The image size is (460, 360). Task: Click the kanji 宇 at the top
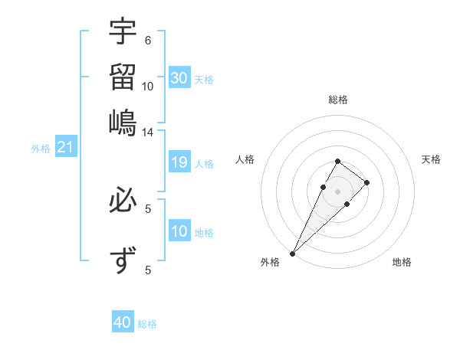click(x=123, y=31)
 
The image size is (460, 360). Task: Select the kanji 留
click(x=123, y=77)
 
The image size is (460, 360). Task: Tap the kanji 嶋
click(x=123, y=123)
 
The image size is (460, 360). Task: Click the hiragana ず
click(x=123, y=261)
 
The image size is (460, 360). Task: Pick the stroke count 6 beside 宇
click(x=148, y=41)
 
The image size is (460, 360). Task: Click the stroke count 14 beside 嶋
click(x=148, y=133)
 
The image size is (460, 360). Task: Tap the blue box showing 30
click(x=179, y=78)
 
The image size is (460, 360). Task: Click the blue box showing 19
click(x=179, y=162)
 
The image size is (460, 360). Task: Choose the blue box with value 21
click(x=64, y=147)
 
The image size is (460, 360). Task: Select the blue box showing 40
click(x=123, y=322)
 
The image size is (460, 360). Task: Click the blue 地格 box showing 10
click(x=179, y=231)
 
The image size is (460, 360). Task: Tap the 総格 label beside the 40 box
click(x=147, y=324)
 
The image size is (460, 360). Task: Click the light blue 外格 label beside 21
click(x=40, y=149)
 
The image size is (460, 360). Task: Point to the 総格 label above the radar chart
click(x=337, y=100)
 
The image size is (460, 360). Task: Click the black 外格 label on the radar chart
click(x=269, y=262)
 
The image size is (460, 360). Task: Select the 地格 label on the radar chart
click(x=402, y=262)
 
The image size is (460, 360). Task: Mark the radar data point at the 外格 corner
click(x=292, y=253)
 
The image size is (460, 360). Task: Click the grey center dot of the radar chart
click(x=337, y=190)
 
